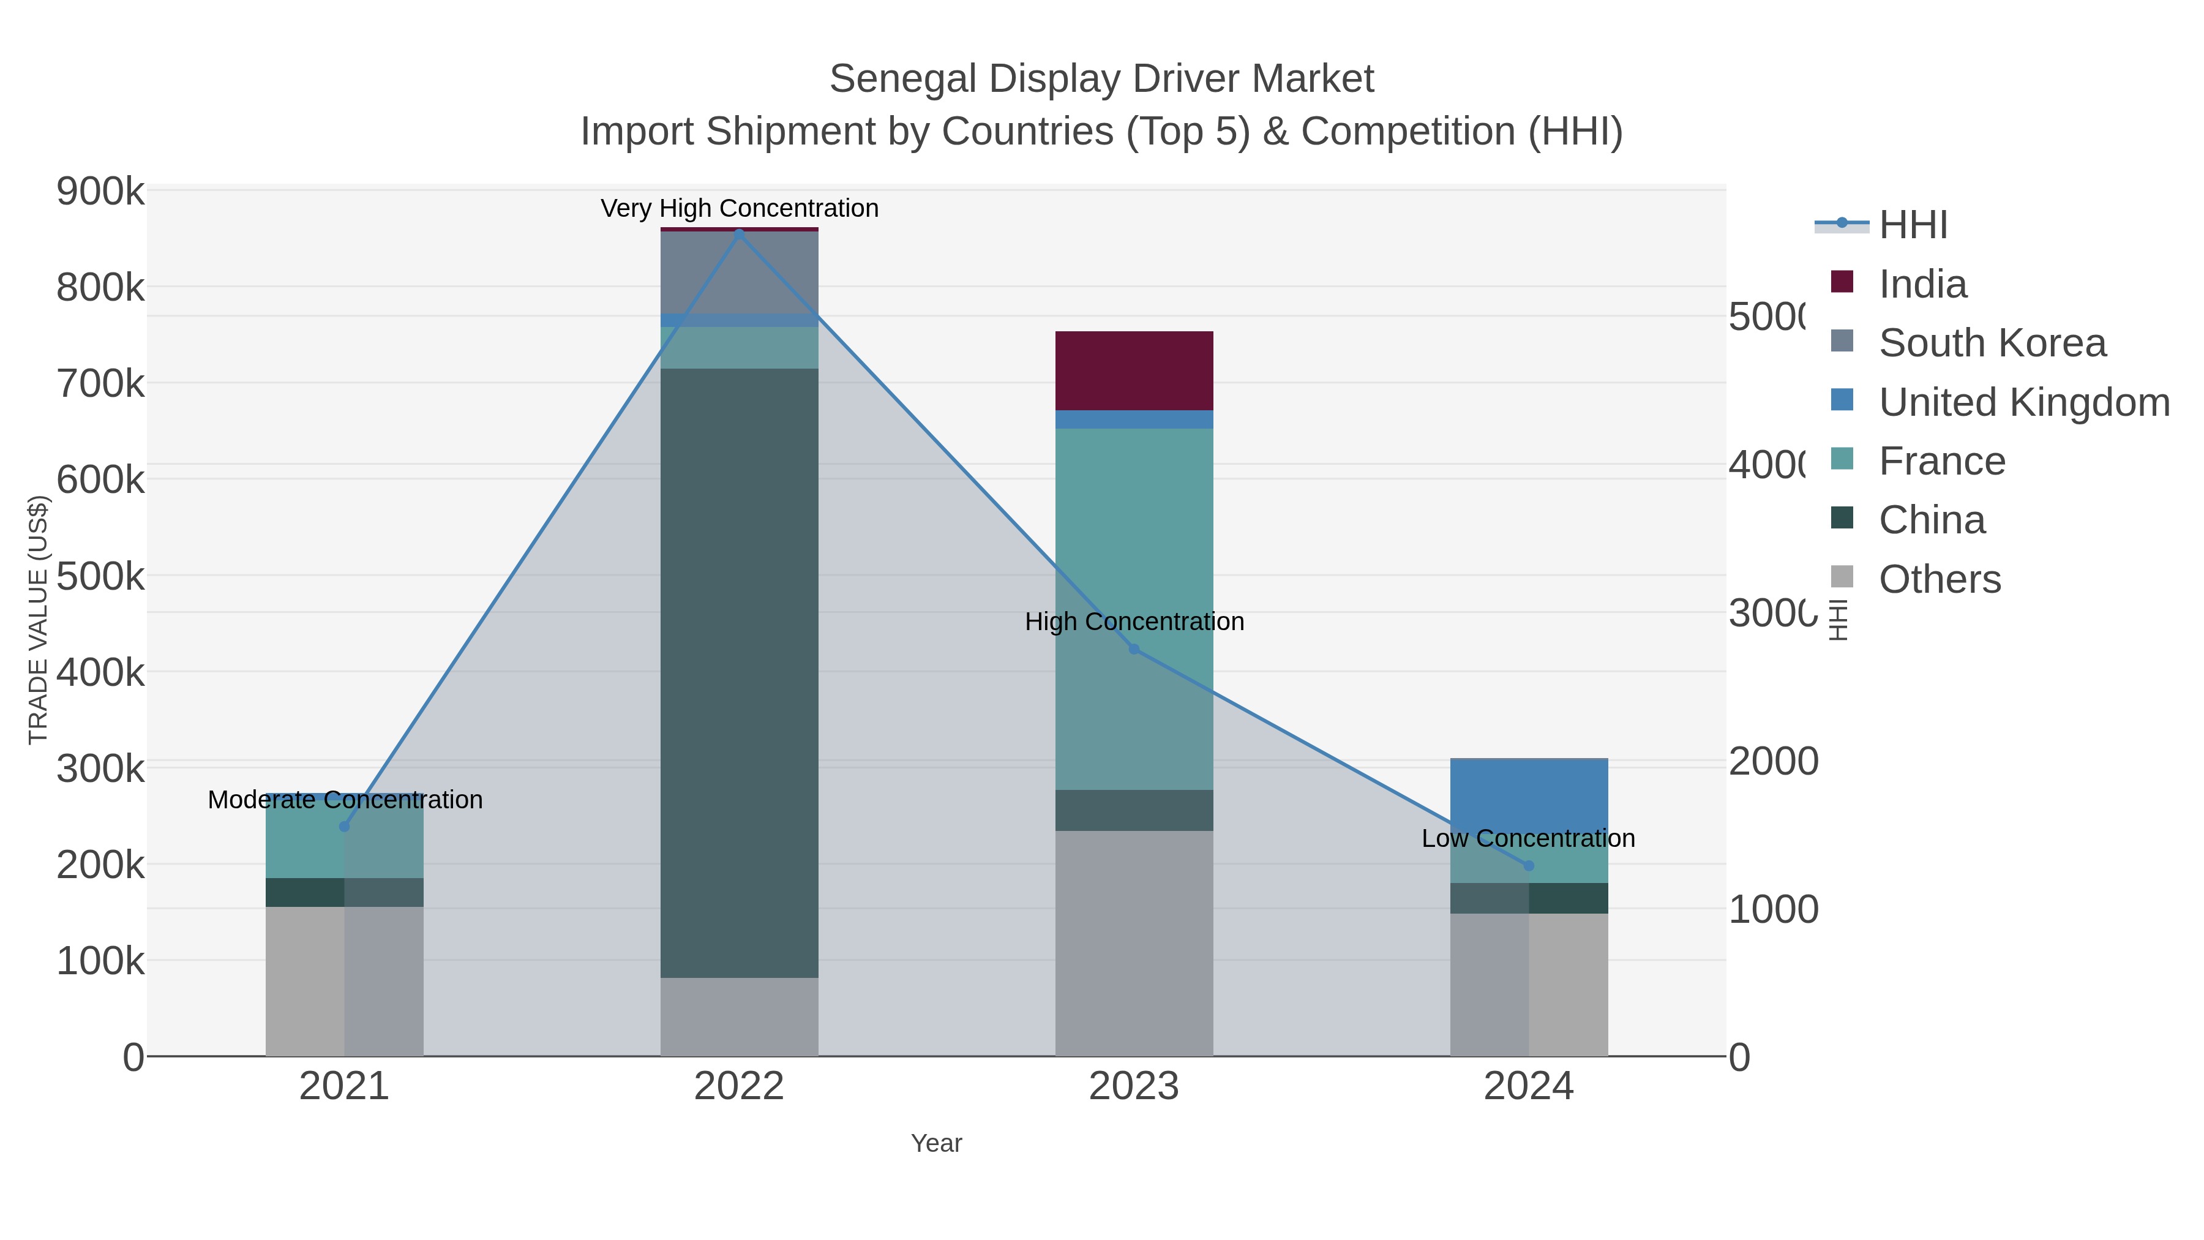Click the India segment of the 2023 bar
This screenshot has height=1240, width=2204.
pos(1134,370)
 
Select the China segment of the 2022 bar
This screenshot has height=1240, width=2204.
pos(739,672)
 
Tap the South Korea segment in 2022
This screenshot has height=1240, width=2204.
pos(739,272)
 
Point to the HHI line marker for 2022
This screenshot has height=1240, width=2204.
pos(739,234)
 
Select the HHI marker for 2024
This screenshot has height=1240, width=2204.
pos(1529,866)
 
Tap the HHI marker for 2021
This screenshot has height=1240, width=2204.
pos(345,827)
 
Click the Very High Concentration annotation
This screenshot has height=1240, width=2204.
pos(739,209)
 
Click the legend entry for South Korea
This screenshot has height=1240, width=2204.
pos(1991,343)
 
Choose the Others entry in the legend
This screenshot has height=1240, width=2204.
pos(1939,579)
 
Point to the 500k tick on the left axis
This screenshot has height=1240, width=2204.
pos(100,576)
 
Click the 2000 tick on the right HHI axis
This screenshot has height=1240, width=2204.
pos(1773,761)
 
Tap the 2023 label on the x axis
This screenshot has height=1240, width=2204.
pos(1134,1087)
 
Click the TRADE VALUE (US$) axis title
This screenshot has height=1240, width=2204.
pos(39,620)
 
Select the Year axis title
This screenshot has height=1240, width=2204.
pos(936,1143)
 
